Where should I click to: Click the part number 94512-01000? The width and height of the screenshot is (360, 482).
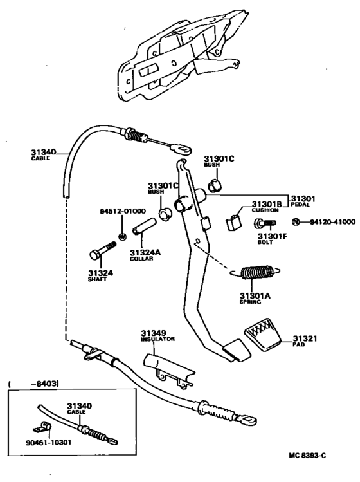[123, 211]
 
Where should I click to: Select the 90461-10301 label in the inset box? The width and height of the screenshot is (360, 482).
[48, 442]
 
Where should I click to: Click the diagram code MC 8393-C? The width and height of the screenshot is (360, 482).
[307, 455]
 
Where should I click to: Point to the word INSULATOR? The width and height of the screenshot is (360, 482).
[158, 339]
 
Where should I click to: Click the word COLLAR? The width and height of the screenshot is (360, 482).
[141, 259]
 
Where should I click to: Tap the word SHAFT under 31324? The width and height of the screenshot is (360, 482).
[97, 279]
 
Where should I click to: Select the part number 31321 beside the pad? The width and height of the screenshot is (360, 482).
[305, 338]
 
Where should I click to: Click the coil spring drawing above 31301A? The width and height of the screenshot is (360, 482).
[256, 272]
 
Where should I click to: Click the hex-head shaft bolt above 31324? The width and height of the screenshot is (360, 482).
[103, 250]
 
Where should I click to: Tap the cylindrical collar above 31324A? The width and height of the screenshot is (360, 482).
[145, 227]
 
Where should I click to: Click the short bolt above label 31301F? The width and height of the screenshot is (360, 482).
[265, 223]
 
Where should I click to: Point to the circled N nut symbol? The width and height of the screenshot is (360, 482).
[296, 221]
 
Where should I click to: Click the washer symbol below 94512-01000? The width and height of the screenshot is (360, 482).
[122, 237]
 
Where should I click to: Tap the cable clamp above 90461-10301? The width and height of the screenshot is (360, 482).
[42, 427]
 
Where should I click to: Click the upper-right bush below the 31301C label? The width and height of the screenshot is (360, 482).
[215, 185]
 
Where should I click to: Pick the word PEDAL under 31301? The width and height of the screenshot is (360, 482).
[300, 205]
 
